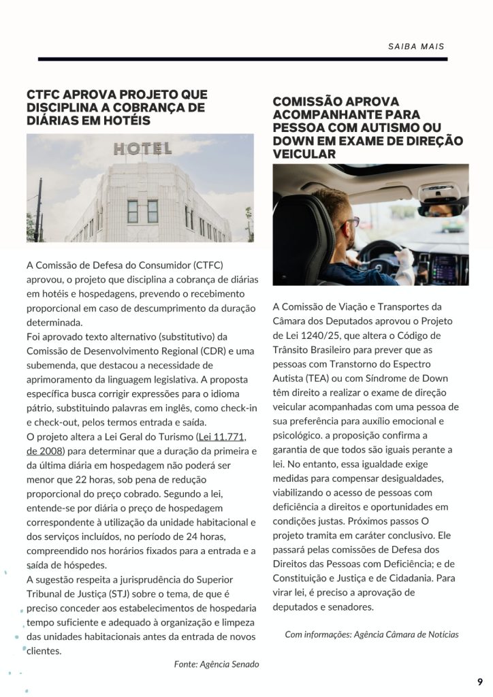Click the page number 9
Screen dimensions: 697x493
479,681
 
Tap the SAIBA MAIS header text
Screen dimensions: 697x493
416,47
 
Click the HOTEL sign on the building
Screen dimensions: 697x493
142,148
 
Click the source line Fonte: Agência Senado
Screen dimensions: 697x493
217,664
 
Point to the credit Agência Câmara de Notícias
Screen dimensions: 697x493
407,634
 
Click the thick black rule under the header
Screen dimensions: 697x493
242,60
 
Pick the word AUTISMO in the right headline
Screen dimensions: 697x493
389,127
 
